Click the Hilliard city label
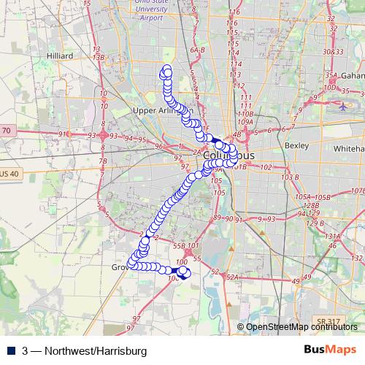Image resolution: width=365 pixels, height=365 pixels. pos(58,55)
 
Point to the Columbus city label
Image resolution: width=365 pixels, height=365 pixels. pos(228,156)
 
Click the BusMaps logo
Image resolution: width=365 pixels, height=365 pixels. pos(330,350)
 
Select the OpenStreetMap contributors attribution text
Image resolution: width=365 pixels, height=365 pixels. pos(302,327)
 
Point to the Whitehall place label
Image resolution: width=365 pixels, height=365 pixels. pos(347,147)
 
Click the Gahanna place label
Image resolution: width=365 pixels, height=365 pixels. pos(353,76)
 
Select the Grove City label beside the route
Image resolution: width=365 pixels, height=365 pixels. pos(119,268)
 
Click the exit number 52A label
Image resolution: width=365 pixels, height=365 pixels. pos(232,277)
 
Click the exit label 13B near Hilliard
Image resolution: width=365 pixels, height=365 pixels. pos(100,57)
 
